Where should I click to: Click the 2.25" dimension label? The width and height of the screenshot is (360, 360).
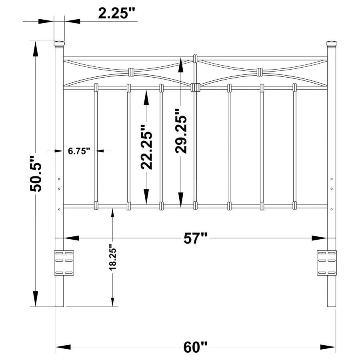coord(117,13)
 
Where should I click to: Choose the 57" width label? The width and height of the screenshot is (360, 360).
coord(196,238)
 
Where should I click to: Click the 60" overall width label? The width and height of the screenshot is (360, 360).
coord(196,347)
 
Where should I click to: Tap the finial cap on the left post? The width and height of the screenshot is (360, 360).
coord(59,43)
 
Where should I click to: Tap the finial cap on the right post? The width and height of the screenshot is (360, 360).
coord(332,43)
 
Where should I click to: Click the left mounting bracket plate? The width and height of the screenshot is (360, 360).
coord(64,263)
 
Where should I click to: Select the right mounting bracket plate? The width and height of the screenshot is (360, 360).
coord(327,263)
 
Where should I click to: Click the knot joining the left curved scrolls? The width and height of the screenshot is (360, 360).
coord(131,72)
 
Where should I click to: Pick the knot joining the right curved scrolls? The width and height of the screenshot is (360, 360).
coord(260,72)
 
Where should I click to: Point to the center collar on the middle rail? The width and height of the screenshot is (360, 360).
coord(195,87)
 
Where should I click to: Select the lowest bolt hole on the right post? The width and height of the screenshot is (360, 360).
coord(332,209)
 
